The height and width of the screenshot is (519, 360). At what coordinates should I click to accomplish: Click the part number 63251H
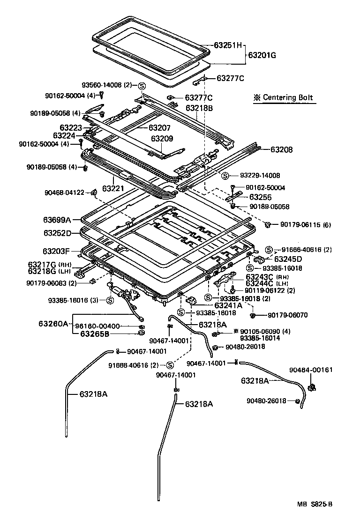coord(227,46)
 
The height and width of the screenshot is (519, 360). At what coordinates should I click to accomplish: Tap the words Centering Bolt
coord(287,98)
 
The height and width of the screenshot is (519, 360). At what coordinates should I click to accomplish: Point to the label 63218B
coord(199,108)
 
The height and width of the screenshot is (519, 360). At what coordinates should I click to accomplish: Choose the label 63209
coord(162,139)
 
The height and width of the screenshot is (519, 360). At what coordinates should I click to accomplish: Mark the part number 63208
coord(281,150)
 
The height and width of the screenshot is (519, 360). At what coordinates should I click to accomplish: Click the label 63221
coord(112,188)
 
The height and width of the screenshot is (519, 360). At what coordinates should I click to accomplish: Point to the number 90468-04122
coord(65,192)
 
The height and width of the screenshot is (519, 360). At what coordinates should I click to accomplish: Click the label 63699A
coord(57,220)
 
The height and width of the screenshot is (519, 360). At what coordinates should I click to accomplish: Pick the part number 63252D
coord(57,233)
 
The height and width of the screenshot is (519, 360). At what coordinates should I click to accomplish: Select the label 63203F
coord(57,251)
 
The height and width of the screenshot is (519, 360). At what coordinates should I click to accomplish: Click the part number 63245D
coord(288,259)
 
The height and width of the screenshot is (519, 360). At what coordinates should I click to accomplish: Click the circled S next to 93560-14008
coord(142,85)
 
